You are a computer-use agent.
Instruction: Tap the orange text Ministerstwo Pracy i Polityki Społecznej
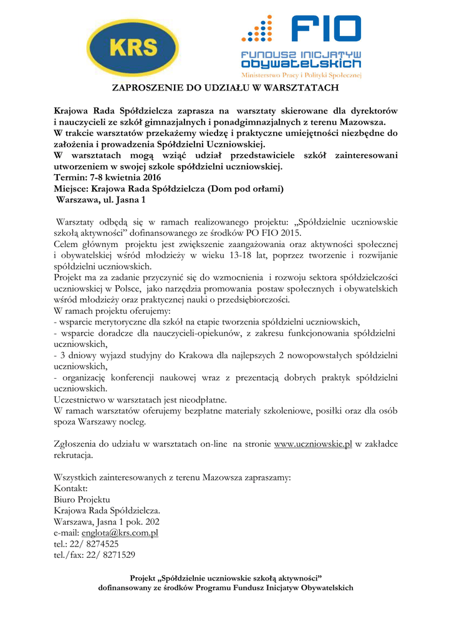point(301,74)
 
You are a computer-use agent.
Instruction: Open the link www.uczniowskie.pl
point(313,444)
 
